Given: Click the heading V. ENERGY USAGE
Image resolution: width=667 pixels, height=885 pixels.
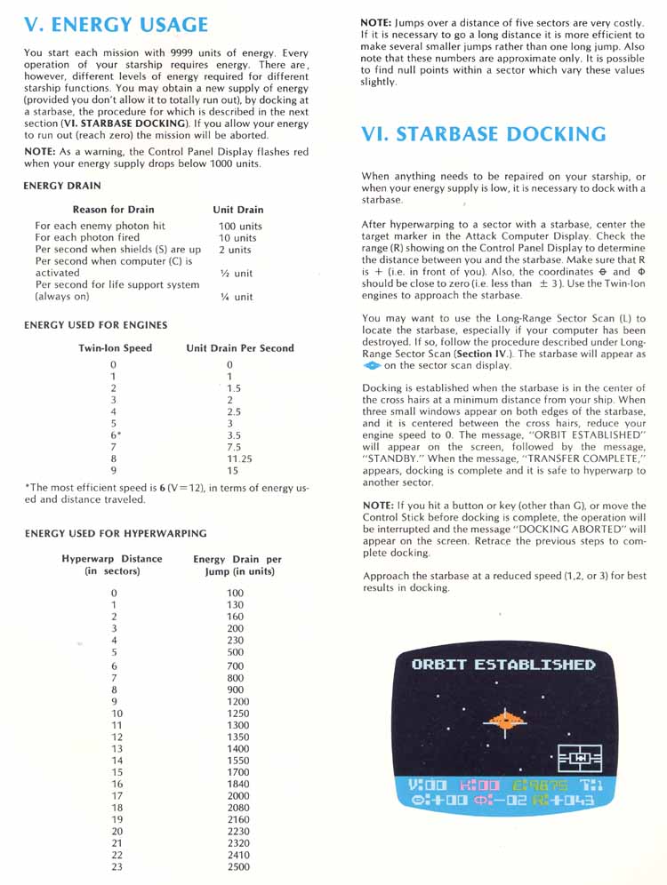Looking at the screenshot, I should click(x=116, y=25).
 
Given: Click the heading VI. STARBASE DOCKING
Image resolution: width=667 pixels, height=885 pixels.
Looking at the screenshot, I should click(x=484, y=135).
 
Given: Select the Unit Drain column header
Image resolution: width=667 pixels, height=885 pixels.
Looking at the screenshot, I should click(x=238, y=210).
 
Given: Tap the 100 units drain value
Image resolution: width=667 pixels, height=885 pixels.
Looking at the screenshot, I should click(x=240, y=227).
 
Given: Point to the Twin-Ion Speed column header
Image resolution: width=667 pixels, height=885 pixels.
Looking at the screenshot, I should click(x=116, y=348).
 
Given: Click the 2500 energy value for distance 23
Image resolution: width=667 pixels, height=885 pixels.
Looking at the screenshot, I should click(x=238, y=866).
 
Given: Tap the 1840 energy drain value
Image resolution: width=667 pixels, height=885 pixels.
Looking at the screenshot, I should click(x=238, y=784).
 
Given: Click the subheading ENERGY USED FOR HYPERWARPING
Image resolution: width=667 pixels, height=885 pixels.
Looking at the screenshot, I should click(x=116, y=533).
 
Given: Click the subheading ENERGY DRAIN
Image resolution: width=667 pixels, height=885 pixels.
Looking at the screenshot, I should click(x=62, y=186).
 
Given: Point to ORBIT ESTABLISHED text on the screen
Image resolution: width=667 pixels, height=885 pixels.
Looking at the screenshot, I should click(x=503, y=665).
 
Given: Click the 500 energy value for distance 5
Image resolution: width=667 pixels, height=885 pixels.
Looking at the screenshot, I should click(x=236, y=651).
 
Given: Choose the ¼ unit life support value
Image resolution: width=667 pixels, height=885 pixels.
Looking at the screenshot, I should click(x=236, y=297).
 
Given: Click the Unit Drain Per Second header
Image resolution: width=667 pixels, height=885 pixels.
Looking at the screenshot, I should click(x=240, y=348).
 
